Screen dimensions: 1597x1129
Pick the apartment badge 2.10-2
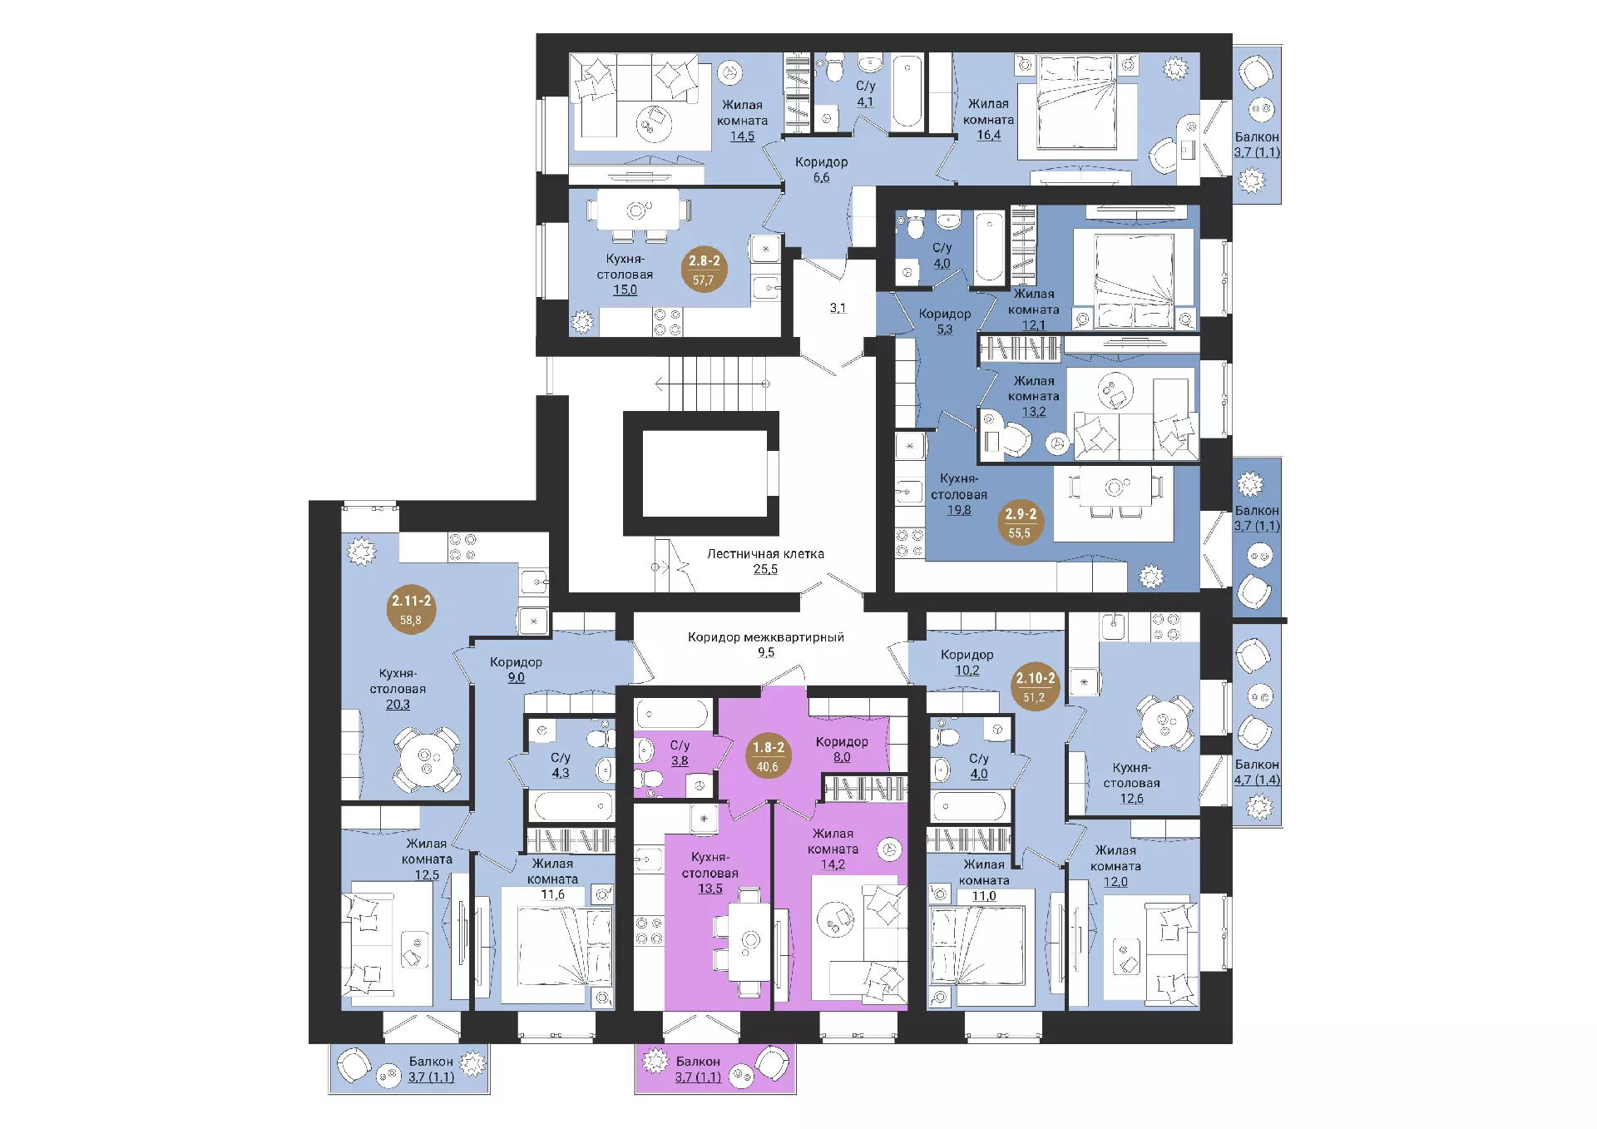pos(1035,686)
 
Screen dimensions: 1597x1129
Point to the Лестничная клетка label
pos(765,553)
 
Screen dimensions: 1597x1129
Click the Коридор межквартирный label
pos(765,637)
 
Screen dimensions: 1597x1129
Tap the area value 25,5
pos(765,569)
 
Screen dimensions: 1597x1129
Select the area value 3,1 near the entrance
pos(838,308)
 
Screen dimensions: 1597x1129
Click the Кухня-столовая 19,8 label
pos(959,494)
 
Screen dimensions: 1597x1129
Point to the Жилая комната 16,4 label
pos(988,119)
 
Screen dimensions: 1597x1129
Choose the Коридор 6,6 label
pos(821,169)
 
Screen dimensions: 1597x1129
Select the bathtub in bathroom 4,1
pos(907,92)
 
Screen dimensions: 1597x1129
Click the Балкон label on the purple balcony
pos(697,1061)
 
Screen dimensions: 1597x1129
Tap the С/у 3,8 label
pos(680,752)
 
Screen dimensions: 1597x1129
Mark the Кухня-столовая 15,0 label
pos(625,274)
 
